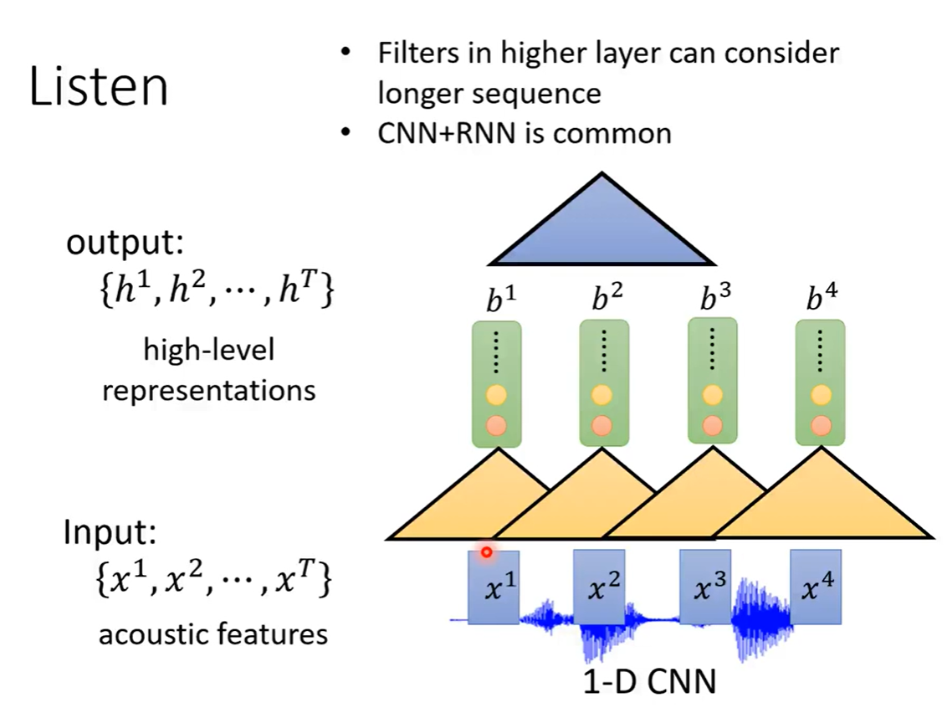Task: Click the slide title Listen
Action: pos(99,88)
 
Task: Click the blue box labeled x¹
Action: pos(494,587)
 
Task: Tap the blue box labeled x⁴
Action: pos(816,587)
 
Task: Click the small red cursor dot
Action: pos(486,552)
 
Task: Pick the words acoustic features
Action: pos(212,634)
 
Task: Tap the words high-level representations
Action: pos(208,370)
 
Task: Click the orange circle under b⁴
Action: pos(821,424)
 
